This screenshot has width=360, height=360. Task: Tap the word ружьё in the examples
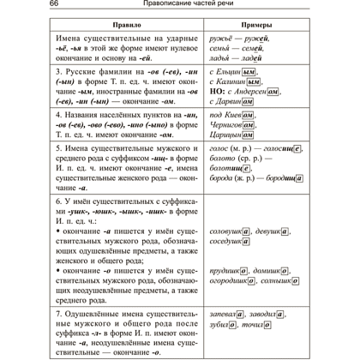point(225,39)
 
